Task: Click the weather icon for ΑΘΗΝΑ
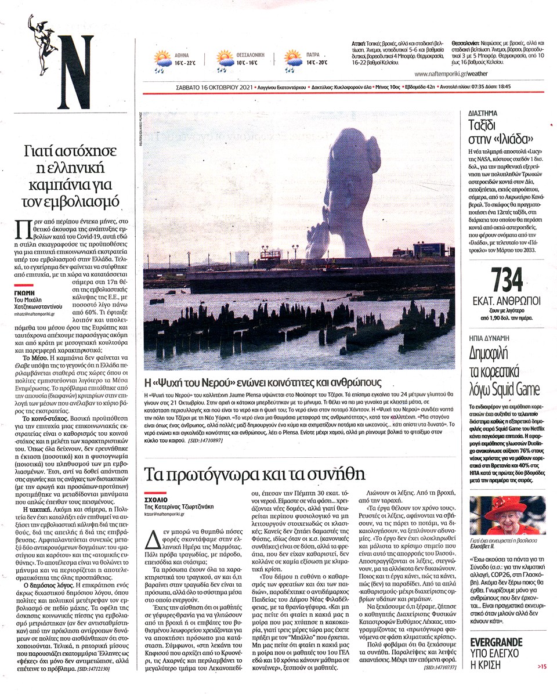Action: click(162, 59)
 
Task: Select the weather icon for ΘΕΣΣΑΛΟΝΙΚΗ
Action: click(225, 59)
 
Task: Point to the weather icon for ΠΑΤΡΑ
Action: click(292, 59)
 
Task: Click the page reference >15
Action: click(541, 667)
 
